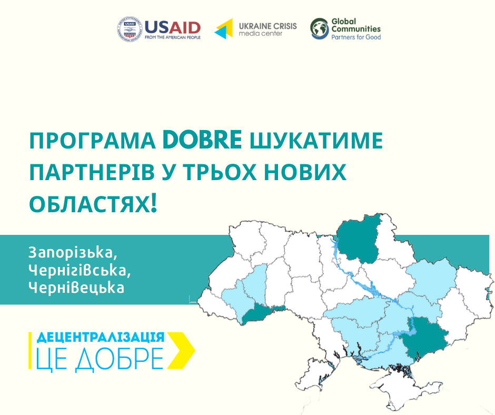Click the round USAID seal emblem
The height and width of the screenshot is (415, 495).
130,29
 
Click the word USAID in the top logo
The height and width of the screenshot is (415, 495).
173,28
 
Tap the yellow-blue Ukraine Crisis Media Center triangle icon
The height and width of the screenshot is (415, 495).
224,29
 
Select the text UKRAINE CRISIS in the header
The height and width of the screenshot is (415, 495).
268,26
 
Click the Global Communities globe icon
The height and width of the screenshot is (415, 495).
320,28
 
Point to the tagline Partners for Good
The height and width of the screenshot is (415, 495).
356,37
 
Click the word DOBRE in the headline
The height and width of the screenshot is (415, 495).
202,140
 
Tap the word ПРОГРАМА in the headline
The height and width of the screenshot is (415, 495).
93,141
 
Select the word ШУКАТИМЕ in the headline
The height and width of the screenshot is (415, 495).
316,141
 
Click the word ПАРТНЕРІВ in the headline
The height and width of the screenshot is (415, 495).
92,172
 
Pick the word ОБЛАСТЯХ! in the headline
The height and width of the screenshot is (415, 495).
93,204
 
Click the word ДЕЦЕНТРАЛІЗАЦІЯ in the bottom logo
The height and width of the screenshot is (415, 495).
101,338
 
